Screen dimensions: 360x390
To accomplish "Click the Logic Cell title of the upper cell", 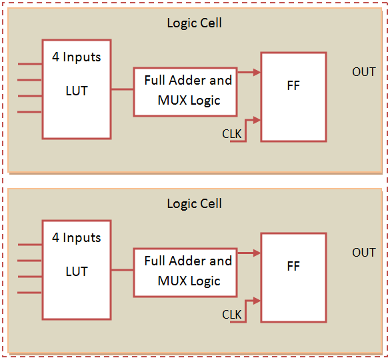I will click(194, 23).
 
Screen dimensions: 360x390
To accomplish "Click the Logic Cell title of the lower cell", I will click(194, 204).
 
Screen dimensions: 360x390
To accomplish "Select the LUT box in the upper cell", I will click(76, 89).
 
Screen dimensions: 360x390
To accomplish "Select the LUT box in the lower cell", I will click(76, 270).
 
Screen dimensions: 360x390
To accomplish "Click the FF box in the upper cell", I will click(293, 97).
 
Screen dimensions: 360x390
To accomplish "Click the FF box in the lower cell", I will click(293, 277).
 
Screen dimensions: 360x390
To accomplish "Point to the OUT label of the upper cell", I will click(363, 72).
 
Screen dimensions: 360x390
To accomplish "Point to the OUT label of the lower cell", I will click(363, 253).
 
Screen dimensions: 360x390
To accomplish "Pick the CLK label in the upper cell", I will click(232, 134).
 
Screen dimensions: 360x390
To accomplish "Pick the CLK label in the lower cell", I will click(232, 315).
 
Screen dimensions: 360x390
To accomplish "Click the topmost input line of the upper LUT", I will click(30, 64).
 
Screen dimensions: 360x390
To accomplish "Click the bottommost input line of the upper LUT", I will click(30, 112).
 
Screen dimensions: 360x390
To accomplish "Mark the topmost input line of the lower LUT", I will click(30, 245).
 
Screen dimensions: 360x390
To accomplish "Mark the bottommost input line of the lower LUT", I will click(30, 293).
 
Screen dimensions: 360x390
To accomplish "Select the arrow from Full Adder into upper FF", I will click(248, 73).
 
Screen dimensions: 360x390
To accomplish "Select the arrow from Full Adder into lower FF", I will click(248, 253).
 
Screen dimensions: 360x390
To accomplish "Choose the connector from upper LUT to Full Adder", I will click(122, 89).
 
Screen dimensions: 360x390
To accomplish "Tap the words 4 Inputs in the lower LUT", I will click(76, 238).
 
